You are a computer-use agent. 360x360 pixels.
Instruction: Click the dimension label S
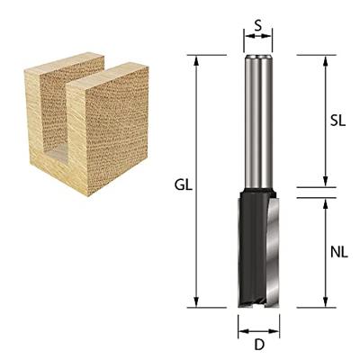[x=258, y=26]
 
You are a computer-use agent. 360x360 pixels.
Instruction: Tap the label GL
[x=184, y=185]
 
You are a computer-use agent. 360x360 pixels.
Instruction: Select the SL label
[x=337, y=121]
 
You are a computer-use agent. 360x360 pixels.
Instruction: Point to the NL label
[x=339, y=252]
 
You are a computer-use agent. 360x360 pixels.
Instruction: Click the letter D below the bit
[x=259, y=346]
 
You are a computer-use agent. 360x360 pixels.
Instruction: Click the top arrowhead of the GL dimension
[x=196, y=61]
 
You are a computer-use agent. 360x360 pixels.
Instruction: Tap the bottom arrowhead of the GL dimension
[x=196, y=301]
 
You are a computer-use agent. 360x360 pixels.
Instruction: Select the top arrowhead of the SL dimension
[x=325, y=61]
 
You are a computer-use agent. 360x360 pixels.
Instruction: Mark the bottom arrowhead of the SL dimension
[x=325, y=182]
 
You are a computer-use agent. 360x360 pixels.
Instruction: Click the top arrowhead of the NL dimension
[x=325, y=204]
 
